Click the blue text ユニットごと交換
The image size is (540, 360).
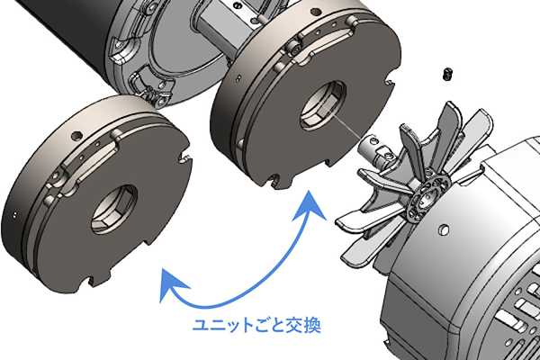coord(256,325)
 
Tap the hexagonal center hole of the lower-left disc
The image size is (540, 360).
coord(114,210)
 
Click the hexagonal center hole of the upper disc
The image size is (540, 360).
coord(323,105)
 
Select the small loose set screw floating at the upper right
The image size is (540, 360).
coord(446,74)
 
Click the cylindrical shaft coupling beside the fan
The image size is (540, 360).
coord(376,149)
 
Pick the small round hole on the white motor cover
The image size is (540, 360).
coord(445,229)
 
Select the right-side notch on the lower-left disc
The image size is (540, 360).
coord(186,158)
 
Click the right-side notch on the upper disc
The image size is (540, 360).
coord(390,83)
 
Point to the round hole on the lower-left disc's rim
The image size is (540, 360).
coord(75,135)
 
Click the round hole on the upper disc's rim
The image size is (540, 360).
coord(316,12)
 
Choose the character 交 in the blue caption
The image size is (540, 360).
coord(295,326)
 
